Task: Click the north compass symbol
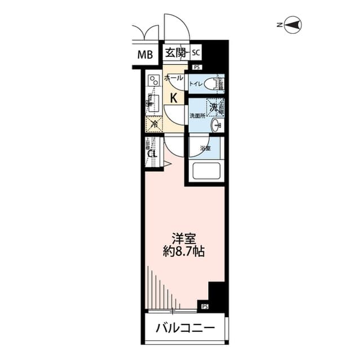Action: pyautogui.click(x=293, y=24)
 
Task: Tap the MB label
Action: pyautogui.click(x=146, y=55)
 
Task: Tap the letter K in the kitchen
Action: pyautogui.click(x=174, y=97)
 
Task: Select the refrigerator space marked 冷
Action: pyautogui.click(x=153, y=123)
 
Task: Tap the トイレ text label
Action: pyautogui.click(x=196, y=85)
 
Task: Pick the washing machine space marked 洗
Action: pyautogui.click(x=214, y=105)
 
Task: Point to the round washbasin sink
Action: pyautogui.click(x=215, y=125)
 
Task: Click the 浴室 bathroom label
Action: pyautogui.click(x=205, y=148)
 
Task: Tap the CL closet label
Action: pyautogui.click(x=152, y=154)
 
